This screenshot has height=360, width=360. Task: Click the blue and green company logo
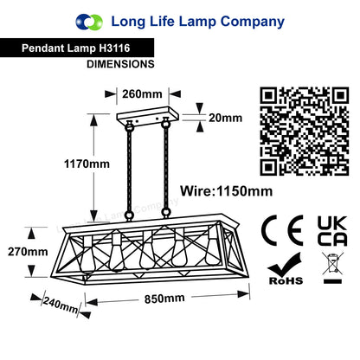tap(89, 22)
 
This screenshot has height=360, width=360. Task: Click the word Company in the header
tap(253, 22)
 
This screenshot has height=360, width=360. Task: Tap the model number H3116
tap(114, 48)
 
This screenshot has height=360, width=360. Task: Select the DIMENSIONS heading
tap(120, 64)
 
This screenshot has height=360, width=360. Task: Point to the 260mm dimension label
tap(142, 94)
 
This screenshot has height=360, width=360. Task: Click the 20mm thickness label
tap(225, 118)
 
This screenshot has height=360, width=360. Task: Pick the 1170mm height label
tap(87, 164)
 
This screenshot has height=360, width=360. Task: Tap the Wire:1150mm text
tap(227, 191)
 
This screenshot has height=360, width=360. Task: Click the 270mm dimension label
tap(28, 252)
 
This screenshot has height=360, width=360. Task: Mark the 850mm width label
tap(164, 299)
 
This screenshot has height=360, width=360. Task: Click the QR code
tap(305, 132)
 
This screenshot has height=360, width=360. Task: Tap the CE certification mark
tap(282, 230)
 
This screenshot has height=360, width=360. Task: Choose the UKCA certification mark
tap(332, 231)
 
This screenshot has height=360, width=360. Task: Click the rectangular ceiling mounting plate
tap(148, 116)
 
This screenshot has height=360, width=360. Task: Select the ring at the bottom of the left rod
tap(129, 215)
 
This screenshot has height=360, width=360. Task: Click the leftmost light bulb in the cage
tap(87, 254)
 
